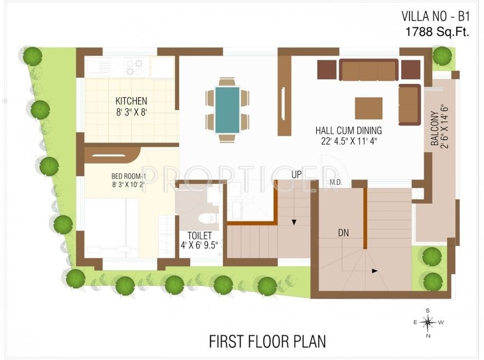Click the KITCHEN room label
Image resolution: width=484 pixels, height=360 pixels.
pyautogui.click(x=131, y=100)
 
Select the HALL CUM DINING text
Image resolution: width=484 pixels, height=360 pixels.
pyautogui.click(x=348, y=130)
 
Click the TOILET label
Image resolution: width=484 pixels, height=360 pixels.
pyautogui.click(x=200, y=235)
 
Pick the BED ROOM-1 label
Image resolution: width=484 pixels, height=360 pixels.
pyautogui.click(x=125, y=176)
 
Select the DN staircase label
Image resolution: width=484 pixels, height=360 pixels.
pyautogui.click(x=343, y=232)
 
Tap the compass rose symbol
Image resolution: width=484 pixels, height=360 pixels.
pyautogui.click(x=428, y=321)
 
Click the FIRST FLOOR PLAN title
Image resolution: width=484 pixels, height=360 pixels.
pyautogui.click(x=267, y=341)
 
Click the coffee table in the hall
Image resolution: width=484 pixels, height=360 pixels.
pyautogui.click(x=368, y=108)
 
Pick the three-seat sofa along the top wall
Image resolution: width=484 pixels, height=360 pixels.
pyautogui.click(x=368, y=70)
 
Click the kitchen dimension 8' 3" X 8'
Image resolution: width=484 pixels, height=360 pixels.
pyautogui.click(x=131, y=111)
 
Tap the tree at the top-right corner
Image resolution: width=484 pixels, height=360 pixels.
pyautogui.click(x=442, y=55)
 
